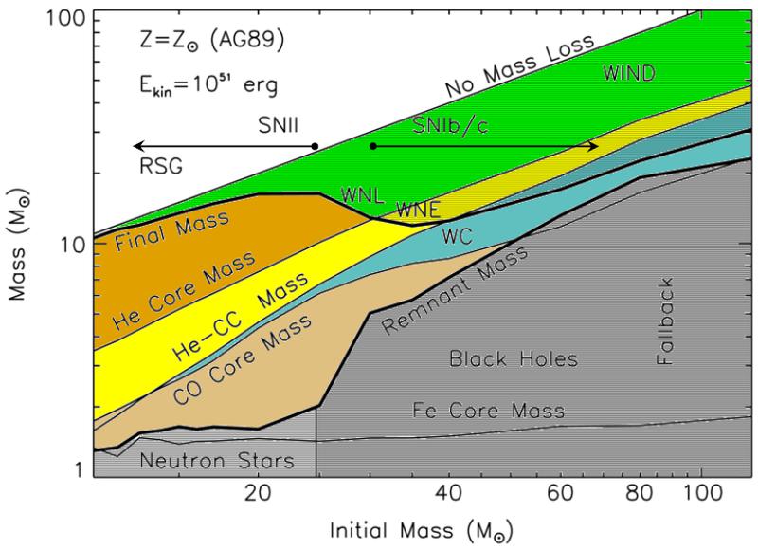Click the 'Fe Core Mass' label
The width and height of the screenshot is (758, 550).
489,411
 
